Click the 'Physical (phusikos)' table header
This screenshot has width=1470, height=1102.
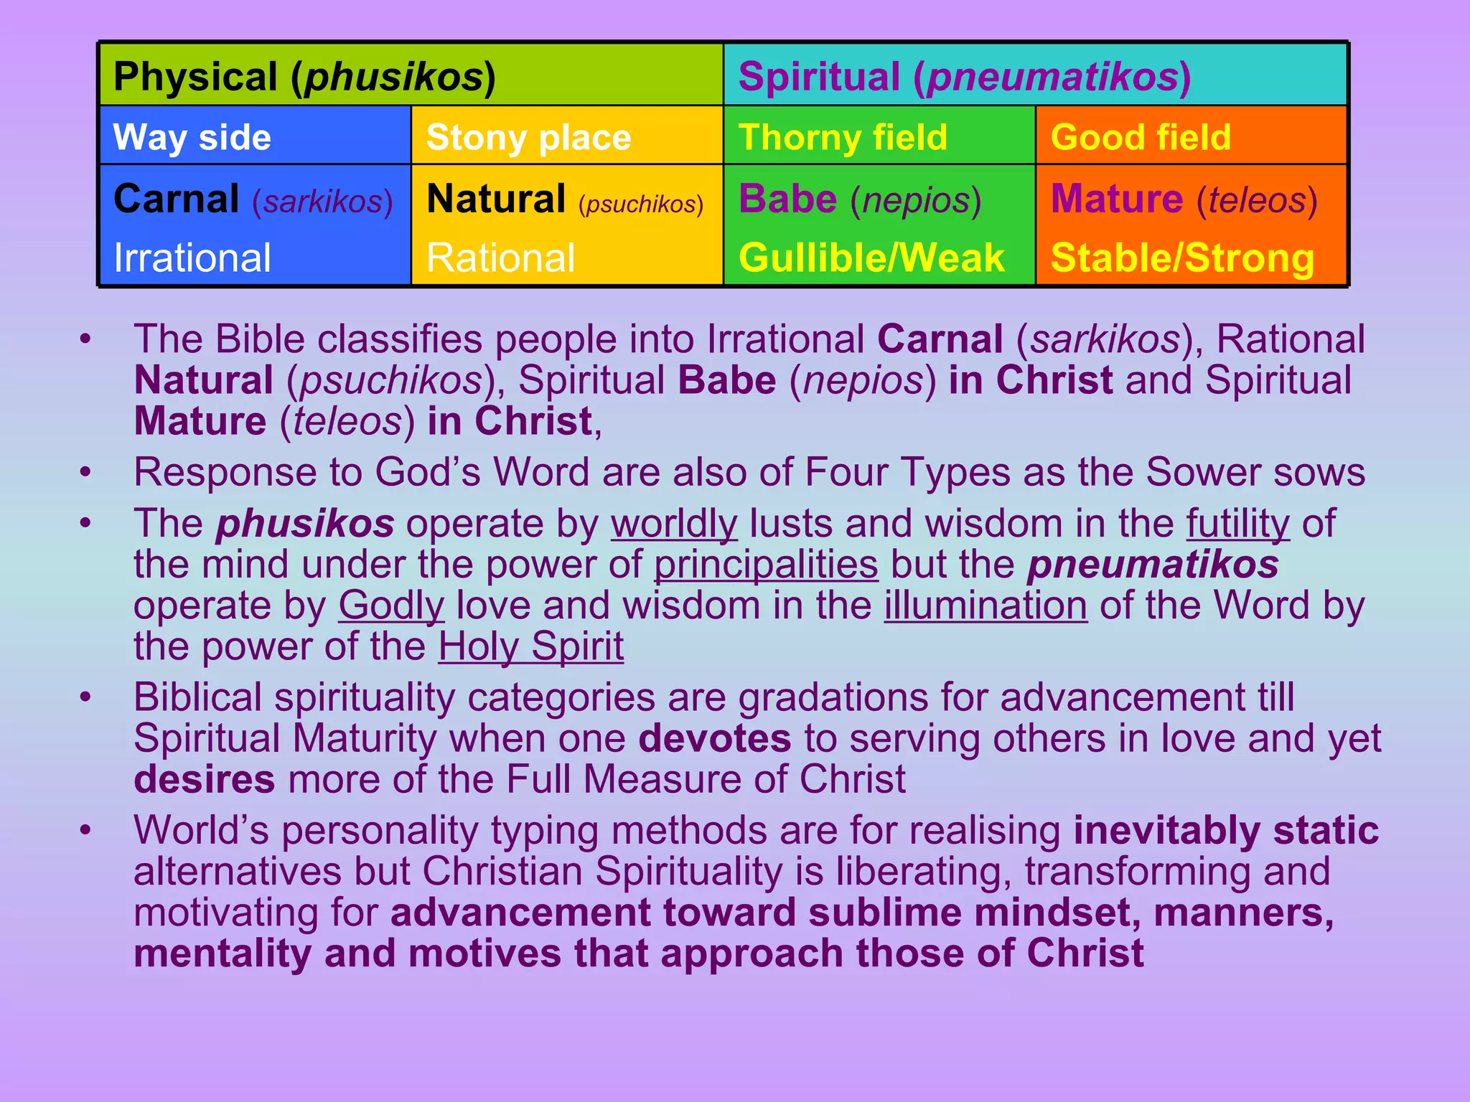click(304, 76)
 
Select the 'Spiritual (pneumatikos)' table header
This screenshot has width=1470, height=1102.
click(964, 76)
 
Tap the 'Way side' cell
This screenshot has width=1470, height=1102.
click(192, 136)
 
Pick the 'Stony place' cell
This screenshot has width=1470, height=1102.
click(528, 136)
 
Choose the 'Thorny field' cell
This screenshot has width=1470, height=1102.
click(843, 136)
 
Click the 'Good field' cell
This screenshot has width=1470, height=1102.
click(1141, 136)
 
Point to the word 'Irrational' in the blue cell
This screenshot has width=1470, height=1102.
click(192, 257)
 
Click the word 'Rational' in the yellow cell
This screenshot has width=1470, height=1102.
click(500, 257)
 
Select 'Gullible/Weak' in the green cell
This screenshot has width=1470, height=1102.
click(871, 257)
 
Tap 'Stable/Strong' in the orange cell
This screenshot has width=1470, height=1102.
click(1182, 257)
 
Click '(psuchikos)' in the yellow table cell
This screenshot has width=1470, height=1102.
click(640, 204)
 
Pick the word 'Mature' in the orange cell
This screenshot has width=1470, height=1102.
click(1117, 199)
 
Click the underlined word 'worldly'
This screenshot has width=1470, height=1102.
click(673, 523)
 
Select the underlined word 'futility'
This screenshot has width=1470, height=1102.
click(1237, 523)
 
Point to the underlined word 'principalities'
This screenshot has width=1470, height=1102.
click(766, 564)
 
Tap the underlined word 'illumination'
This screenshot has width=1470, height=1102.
click(986, 605)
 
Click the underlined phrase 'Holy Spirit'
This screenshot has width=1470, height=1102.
click(530, 646)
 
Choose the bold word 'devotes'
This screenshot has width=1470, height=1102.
click(714, 738)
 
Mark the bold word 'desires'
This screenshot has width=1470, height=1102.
click(204, 779)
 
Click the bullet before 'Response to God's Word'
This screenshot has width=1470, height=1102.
click(85, 472)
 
